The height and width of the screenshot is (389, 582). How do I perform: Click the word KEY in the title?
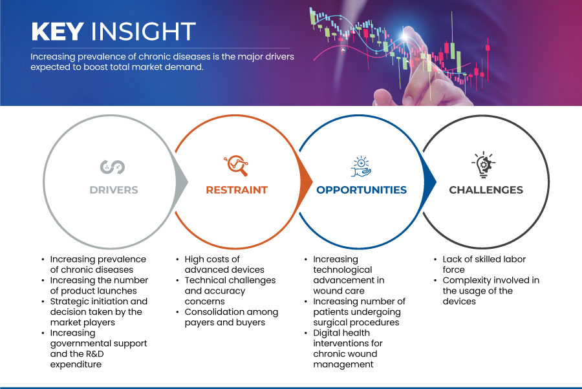click(x=58, y=31)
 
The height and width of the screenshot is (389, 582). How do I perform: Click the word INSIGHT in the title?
click(x=144, y=31)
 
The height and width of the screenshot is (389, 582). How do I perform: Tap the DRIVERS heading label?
click(x=114, y=190)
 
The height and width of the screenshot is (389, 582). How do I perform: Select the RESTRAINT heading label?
click(x=237, y=190)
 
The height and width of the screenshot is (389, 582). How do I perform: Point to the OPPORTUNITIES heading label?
click(x=361, y=190)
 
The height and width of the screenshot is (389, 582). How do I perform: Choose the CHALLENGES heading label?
click(x=486, y=190)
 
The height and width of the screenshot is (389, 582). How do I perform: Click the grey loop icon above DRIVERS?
click(x=113, y=167)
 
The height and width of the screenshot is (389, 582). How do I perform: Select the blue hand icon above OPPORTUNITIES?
click(x=361, y=167)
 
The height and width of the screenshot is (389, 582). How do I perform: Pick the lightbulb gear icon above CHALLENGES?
click(x=484, y=165)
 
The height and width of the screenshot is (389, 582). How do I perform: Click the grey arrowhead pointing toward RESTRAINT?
click(x=182, y=182)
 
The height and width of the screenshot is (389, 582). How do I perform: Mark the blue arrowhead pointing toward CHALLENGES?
click(x=429, y=182)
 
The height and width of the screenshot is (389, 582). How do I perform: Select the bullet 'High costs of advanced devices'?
click(x=224, y=264)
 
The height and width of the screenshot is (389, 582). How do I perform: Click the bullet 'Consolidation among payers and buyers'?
click(x=232, y=317)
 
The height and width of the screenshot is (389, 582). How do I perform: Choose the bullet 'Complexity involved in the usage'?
click(x=491, y=291)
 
